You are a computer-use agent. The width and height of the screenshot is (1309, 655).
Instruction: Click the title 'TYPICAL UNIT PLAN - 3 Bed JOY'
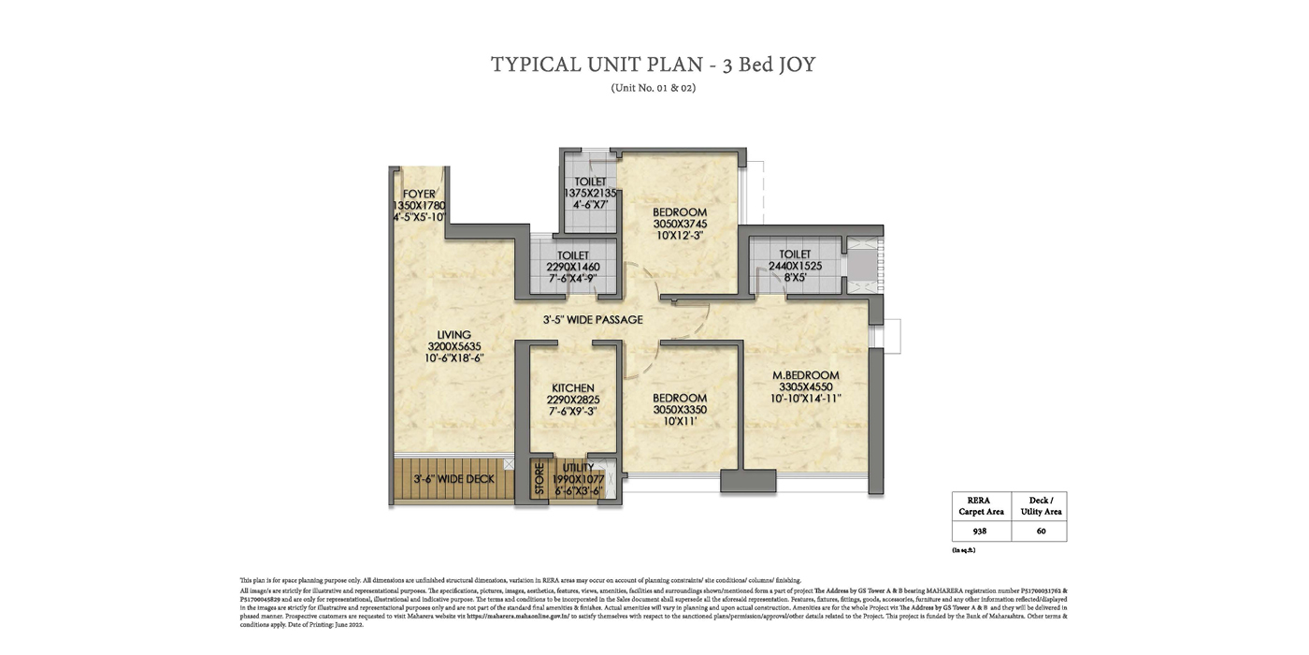point(654,65)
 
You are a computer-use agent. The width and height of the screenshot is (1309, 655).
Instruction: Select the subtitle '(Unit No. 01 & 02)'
point(654,88)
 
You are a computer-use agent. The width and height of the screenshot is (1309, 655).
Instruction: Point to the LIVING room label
point(453,335)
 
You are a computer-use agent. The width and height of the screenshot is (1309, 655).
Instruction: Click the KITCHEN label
point(572,388)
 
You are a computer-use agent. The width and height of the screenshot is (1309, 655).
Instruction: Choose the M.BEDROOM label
point(806,375)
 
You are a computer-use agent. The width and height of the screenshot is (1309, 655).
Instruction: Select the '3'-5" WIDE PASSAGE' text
point(593,320)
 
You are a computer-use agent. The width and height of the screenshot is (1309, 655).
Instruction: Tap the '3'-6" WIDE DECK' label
point(453,479)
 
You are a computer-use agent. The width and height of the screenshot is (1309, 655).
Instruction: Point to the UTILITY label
point(578,468)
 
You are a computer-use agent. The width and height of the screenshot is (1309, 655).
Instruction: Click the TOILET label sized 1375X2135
point(590,182)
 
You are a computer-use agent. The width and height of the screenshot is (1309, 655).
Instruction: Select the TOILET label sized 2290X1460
point(572,255)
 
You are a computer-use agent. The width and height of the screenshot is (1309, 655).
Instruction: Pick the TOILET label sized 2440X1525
point(795,255)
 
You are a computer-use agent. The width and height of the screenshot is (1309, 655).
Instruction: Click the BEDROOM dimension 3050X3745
point(680,225)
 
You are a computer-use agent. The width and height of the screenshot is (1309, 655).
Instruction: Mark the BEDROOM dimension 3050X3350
point(680,410)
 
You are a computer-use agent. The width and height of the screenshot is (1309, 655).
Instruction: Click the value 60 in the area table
point(1041,531)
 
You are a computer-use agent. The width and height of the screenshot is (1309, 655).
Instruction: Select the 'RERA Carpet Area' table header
point(981,505)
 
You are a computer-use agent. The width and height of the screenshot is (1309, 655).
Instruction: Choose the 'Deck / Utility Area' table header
point(1041,505)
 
